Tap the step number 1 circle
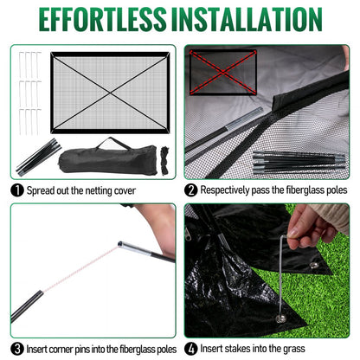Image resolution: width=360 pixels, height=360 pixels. tap(17, 190)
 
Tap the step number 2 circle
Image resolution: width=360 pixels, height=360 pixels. tap(191, 190)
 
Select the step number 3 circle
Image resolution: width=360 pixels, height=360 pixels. tap(17, 349)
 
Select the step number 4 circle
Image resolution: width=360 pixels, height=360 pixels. tap(191, 349)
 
